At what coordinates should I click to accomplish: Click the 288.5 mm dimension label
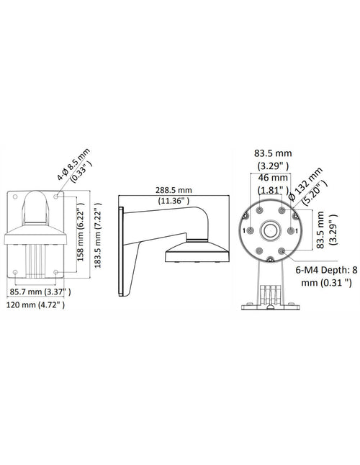(x=174, y=190)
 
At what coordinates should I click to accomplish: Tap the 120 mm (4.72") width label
(x=35, y=304)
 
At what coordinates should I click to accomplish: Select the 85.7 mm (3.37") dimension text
(x=40, y=292)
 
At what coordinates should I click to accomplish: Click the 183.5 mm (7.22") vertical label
(x=98, y=235)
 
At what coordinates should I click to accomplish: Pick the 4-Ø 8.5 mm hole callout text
(x=73, y=164)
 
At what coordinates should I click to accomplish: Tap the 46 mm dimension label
(x=273, y=178)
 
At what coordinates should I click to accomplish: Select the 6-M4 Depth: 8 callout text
(x=326, y=270)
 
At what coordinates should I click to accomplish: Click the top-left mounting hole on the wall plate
(x=15, y=197)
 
